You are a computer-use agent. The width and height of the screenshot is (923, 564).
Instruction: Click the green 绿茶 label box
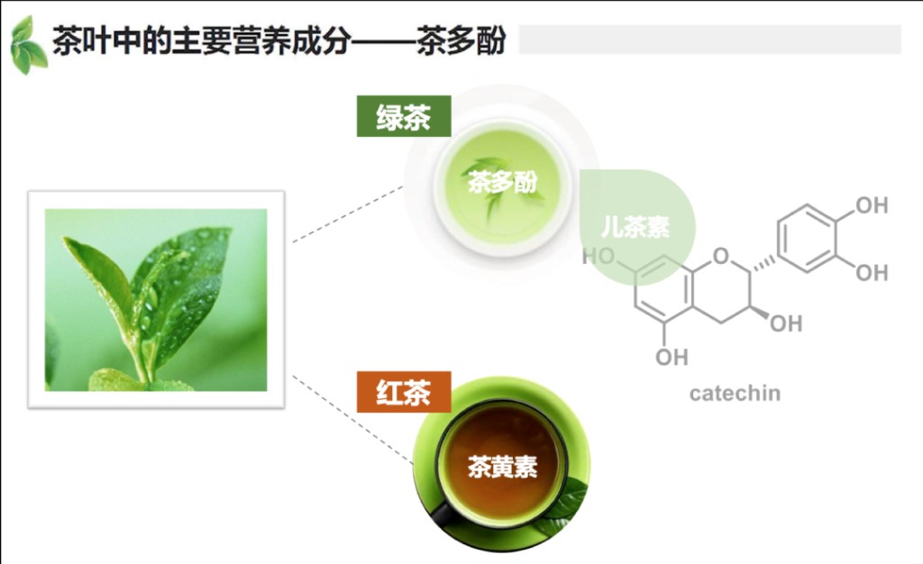point(404,116)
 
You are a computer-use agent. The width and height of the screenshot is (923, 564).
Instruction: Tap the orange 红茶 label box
point(404,392)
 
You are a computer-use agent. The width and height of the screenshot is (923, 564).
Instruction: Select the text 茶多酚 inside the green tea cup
point(503,182)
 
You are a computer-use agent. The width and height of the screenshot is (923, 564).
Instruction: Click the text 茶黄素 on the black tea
point(503,467)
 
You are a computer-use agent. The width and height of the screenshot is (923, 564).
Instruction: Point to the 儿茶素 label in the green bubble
point(635,227)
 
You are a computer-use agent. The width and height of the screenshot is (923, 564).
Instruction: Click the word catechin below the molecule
point(736,393)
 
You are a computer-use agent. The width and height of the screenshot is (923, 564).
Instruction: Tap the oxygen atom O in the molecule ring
point(721,257)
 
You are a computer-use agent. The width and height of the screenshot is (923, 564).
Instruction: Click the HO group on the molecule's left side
point(599,257)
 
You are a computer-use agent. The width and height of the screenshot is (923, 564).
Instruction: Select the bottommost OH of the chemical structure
point(672,357)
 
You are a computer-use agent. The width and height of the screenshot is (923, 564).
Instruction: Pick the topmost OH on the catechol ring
point(872,205)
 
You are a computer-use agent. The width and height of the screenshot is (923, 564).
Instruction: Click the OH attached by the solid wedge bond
point(786,323)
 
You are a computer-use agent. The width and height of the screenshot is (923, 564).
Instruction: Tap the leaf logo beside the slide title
point(28,45)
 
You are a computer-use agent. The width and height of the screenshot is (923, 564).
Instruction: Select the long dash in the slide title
point(382,41)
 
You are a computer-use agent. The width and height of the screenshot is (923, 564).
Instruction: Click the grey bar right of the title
point(710,40)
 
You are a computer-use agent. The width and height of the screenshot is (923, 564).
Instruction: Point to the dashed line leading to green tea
point(348,214)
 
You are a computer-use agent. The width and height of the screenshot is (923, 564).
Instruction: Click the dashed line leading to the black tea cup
point(352,419)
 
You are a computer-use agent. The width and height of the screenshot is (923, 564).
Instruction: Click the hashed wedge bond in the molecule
point(763,263)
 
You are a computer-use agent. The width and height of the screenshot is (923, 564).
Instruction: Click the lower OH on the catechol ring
point(872,273)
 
